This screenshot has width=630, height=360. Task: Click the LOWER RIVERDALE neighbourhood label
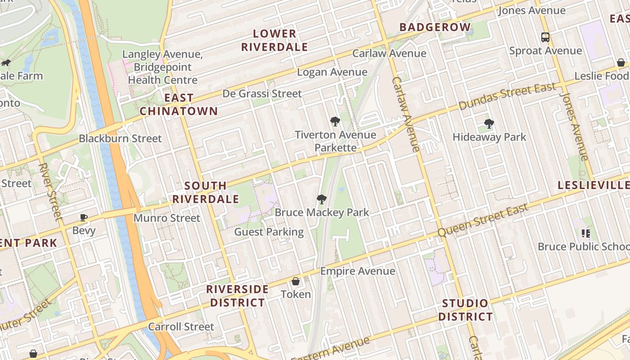274,40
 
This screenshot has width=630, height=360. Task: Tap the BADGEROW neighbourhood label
435,27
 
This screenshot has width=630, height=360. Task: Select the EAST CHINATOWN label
179,104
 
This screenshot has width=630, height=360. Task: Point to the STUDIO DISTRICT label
465,310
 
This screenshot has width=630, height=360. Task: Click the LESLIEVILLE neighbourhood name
593,185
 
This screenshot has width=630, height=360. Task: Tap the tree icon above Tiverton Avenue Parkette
335,121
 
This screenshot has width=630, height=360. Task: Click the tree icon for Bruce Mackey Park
321,199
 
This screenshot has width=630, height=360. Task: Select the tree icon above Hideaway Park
489,124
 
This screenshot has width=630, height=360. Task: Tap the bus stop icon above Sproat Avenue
545,37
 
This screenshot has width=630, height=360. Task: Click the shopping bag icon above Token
296,282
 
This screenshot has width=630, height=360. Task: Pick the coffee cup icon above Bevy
84,218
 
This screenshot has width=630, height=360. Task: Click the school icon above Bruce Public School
585,233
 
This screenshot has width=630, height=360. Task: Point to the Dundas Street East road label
507,96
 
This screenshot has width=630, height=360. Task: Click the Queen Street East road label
483,220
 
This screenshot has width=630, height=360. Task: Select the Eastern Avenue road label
330,348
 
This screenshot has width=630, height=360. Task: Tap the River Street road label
50,192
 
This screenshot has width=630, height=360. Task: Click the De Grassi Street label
262,94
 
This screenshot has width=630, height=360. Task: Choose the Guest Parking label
269,232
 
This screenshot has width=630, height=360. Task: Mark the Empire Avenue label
357,271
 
